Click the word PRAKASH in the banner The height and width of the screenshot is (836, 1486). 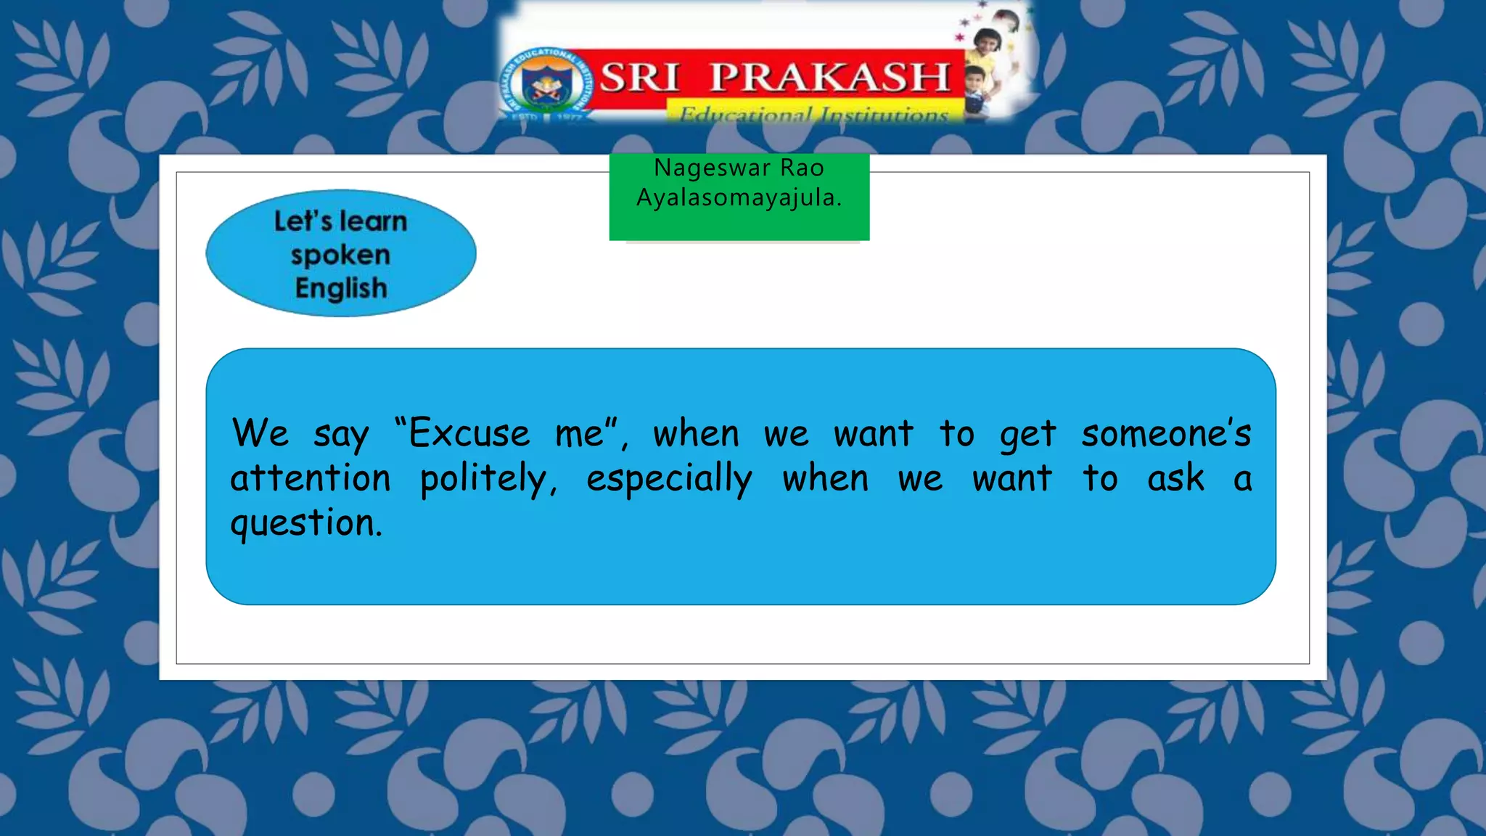pos(829,77)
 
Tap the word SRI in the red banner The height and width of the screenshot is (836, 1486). pos(639,77)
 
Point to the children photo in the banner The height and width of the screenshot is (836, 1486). pos(990,65)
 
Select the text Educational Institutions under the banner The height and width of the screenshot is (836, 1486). pos(813,115)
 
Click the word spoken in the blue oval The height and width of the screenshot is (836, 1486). pos(340,255)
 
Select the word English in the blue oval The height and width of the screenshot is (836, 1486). pos(341,288)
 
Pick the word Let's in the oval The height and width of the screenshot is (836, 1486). pos(303,221)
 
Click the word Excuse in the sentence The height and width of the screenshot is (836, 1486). pos(469,433)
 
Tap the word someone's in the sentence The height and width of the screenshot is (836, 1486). pos(1166,433)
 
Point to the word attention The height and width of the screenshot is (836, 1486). pos(311,478)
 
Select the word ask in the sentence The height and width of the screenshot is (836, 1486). pos(1175,478)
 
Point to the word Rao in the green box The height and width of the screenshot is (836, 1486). pos(802,168)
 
